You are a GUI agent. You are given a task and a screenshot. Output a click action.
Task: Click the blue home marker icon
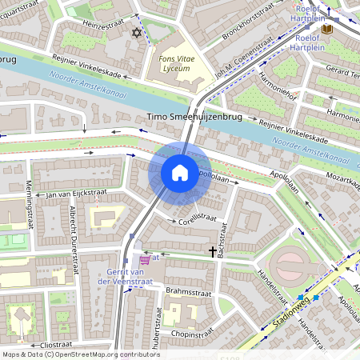click(x=180, y=173)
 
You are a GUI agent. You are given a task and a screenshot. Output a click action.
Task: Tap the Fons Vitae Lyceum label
click(x=174, y=64)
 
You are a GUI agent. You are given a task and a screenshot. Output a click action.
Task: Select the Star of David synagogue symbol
click(x=136, y=33)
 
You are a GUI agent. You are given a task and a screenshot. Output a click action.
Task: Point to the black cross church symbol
click(x=213, y=252)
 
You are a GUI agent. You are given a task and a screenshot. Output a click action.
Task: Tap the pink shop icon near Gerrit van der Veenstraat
click(x=144, y=259)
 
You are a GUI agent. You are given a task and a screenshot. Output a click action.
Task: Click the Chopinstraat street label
click(x=184, y=332)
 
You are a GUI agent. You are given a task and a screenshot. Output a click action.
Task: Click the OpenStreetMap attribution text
click(x=80, y=354)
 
